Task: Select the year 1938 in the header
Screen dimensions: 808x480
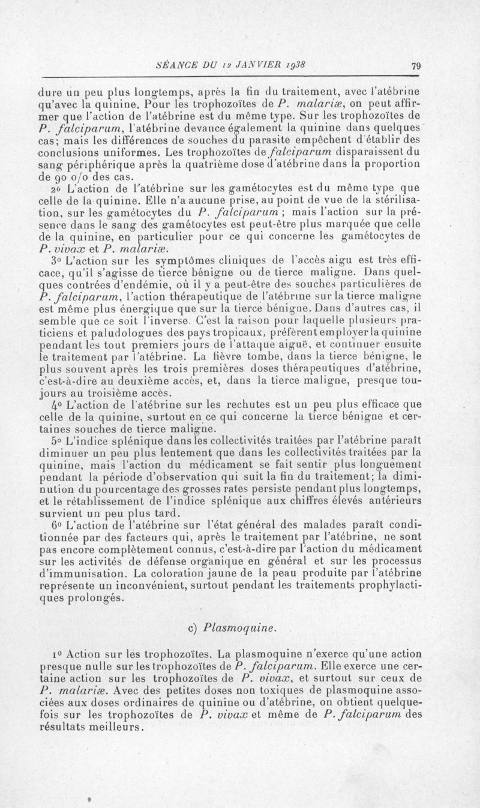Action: (295, 65)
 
